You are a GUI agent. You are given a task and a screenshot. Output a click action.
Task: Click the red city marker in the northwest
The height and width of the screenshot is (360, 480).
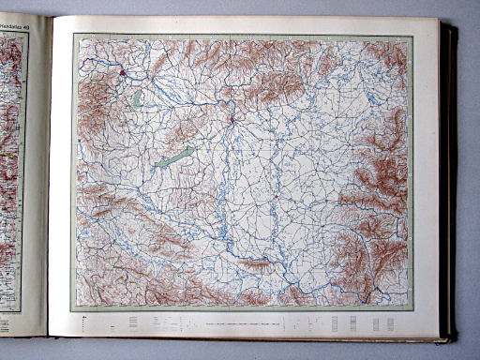point(123,70)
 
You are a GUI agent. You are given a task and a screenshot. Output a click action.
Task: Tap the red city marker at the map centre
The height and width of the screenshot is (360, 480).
point(231,119)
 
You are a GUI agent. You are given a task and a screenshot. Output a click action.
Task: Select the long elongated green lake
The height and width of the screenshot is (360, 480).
point(175,157)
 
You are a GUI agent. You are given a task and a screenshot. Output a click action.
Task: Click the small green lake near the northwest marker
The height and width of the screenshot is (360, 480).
point(138,97)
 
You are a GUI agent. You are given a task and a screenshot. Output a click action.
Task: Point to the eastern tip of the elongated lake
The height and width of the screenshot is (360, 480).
point(194,147)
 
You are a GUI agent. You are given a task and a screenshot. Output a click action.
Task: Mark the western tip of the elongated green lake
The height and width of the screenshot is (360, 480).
point(157,166)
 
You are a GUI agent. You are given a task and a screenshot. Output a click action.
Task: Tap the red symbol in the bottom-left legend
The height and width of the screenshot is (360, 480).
point(85,320)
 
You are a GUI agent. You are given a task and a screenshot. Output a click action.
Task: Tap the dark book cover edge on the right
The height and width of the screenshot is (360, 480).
point(451,178)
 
